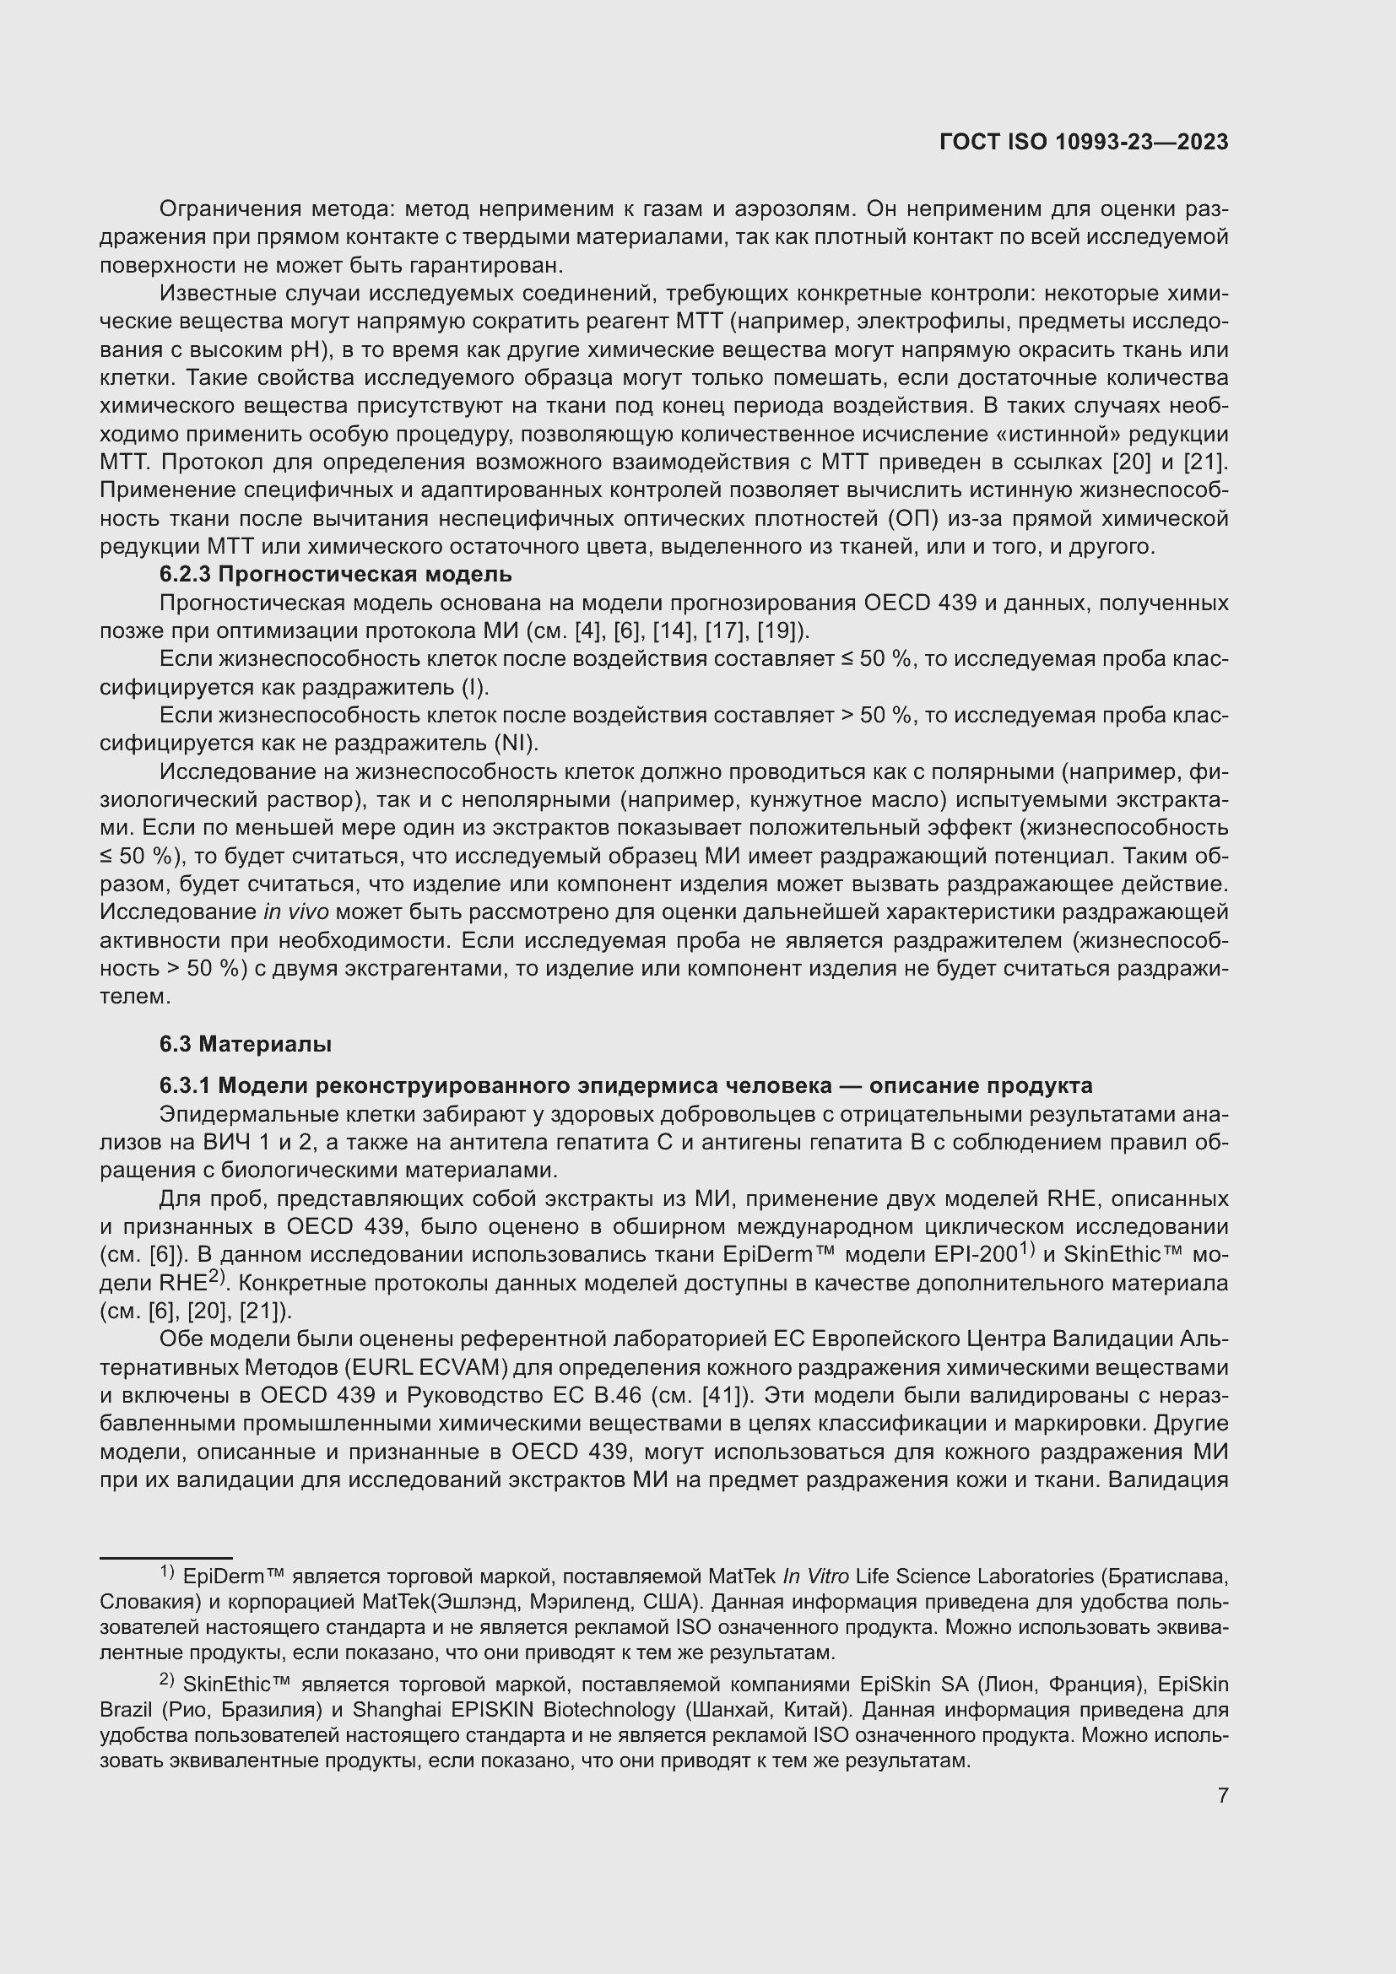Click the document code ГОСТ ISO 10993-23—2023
pyautogui.click(x=1084, y=143)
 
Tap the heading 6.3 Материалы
pyautogui.click(x=245, y=1045)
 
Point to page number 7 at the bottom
pyautogui.click(x=1222, y=1795)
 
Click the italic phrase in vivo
pyautogui.click(x=295, y=912)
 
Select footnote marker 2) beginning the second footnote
pyautogui.click(x=167, y=1681)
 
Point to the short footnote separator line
pyautogui.click(x=166, y=1557)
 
